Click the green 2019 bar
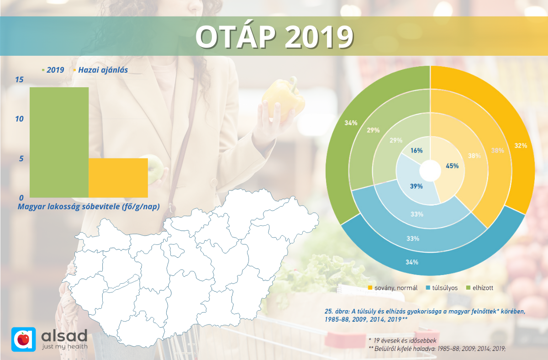[x=59, y=142]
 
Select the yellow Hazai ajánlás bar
[x=118, y=178]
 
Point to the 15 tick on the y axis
[x=19, y=80]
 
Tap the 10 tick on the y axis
[x=19, y=119]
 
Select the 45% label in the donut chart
[x=452, y=166]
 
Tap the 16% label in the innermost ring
[x=416, y=150]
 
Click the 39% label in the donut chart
[x=416, y=186]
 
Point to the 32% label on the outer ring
[x=521, y=146]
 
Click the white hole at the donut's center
[x=429, y=172]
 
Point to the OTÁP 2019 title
[x=274, y=37]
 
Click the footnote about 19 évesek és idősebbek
[x=402, y=340]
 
